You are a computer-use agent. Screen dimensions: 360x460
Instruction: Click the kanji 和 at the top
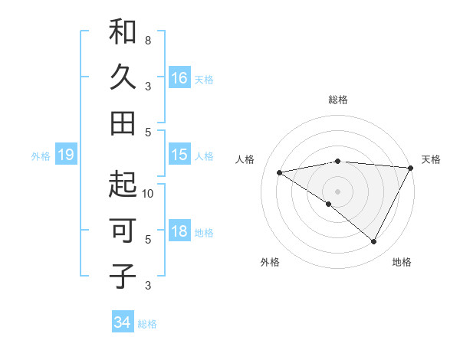pyautogui.click(x=123, y=32)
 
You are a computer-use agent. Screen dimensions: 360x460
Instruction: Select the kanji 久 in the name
pyautogui.click(x=123, y=78)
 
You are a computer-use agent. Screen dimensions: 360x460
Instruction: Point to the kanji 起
pyautogui.click(x=123, y=185)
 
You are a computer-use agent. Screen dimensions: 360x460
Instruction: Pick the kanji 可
pyautogui.click(x=123, y=231)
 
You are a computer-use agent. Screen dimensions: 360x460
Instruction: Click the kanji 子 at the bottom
pyautogui.click(x=123, y=277)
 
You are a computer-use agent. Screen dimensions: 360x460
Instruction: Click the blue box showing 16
pyautogui.click(x=179, y=78)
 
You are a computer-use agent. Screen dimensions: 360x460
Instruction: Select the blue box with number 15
pyautogui.click(x=179, y=155)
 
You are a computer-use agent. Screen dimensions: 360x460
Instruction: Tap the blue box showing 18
pyautogui.click(x=179, y=231)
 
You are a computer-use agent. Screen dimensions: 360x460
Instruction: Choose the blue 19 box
pyautogui.click(x=66, y=155)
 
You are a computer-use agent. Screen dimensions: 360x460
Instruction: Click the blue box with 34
pyautogui.click(x=122, y=322)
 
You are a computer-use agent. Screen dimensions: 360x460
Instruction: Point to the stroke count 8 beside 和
pyautogui.click(x=147, y=40)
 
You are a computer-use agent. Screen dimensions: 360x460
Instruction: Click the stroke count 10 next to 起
pyautogui.click(x=147, y=193)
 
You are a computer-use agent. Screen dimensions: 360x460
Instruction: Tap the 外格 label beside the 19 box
pyautogui.click(x=41, y=156)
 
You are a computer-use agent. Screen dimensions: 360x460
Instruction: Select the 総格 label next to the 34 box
pyautogui.click(x=147, y=323)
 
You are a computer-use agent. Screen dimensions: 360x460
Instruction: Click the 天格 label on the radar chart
pyautogui.click(x=431, y=159)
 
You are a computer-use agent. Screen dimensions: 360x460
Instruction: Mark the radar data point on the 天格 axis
pyautogui.click(x=411, y=168)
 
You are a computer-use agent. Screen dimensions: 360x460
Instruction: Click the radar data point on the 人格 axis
pyautogui.click(x=280, y=172)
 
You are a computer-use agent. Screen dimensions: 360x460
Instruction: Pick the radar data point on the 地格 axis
pyautogui.click(x=373, y=242)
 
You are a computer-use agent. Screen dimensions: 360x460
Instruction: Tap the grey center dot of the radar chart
pyautogui.click(x=337, y=191)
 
